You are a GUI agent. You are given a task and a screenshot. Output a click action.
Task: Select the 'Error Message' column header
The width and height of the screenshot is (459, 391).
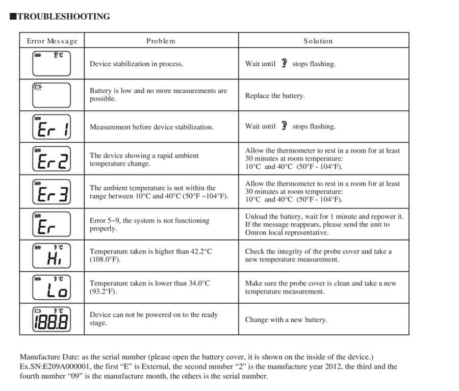pyautogui.click(x=52, y=41)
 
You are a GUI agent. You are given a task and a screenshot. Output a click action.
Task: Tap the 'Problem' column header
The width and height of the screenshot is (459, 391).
pyautogui.click(x=161, y=41)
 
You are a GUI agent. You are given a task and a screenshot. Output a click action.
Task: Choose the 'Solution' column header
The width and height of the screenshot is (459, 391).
pyautogui.click(x=318, y=41)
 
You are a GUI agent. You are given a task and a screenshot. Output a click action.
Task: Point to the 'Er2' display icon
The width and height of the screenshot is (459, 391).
pyautogui.click(x=52, y=160)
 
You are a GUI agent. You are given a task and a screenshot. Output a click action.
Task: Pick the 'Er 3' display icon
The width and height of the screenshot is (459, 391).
pyautogui.click(x=52, y=192)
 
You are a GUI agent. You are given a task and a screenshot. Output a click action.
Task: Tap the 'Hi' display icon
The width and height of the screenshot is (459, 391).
pyautogui.click(x=52, y=255)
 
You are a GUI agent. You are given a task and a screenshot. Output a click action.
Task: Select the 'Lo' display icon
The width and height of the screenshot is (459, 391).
pyautogui.click(x=52, y=288)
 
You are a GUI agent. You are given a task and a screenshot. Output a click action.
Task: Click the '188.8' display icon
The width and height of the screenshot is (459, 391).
pyautogui.click(x=52, y=320)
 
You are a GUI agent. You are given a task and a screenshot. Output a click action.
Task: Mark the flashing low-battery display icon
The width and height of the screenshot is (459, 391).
pyautogui.click(x=52, y=95)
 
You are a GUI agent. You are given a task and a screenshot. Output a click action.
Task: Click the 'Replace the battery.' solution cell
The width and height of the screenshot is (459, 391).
pyautogui.click(x=275, y=96)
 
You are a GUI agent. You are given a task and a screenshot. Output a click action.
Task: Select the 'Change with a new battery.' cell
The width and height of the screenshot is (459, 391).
pyautogui.click(x=286, y=320)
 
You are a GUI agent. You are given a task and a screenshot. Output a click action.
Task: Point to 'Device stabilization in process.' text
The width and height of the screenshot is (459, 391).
pyautogui.click(x=136, y=64)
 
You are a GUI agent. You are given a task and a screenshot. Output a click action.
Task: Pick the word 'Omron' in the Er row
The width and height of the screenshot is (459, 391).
pyautogui.click(x=256, y=232)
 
